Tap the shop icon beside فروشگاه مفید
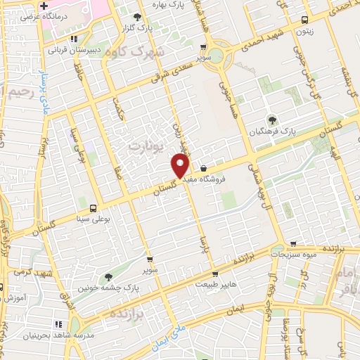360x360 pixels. coord(203,169)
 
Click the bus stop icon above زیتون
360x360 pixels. coord(304,20)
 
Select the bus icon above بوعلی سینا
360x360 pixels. coord(93,207)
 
